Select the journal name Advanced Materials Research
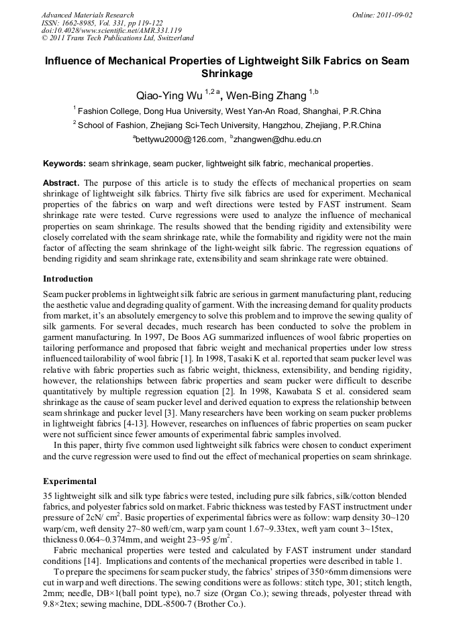click(x=87, y=15)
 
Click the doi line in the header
click(x=111, y=31)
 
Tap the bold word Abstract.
click(x=61, y=183)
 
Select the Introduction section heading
click(x=68, y=278)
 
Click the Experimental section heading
click(x=70, y=481)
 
